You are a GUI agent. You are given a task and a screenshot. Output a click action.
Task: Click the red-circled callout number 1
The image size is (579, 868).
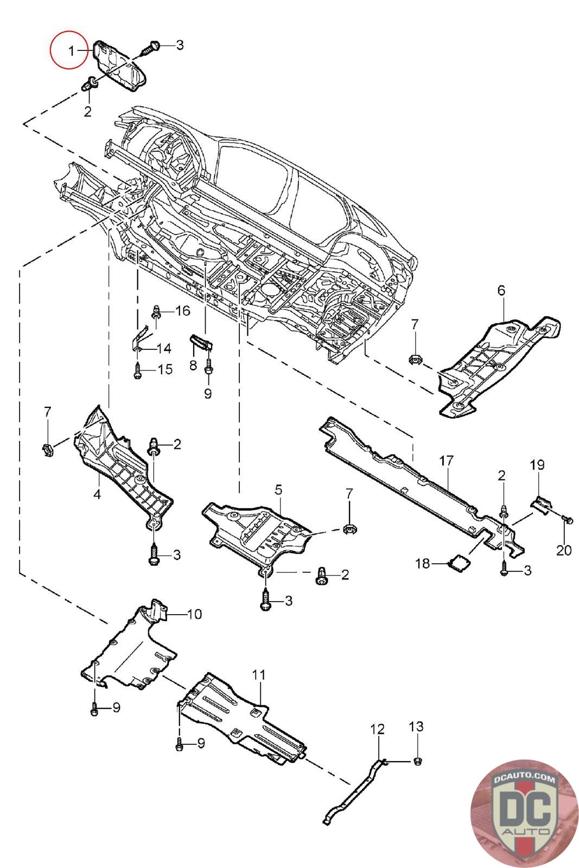(71, 52)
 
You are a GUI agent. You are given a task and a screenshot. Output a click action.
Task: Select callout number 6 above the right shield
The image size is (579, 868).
(501, 290)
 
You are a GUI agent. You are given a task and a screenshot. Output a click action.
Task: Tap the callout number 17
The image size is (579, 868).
(446, 461)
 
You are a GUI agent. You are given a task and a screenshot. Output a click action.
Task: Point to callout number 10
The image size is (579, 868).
(194, 614)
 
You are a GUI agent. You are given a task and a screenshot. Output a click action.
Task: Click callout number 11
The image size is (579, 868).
(259, 675)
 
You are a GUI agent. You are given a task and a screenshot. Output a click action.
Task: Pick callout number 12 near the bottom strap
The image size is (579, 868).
(378, 729)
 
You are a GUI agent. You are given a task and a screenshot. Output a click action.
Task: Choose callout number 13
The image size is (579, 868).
(417, 726)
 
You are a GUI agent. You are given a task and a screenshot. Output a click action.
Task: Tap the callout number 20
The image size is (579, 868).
(564, 550)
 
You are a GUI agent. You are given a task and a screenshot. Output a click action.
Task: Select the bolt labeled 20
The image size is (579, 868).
(568, 520)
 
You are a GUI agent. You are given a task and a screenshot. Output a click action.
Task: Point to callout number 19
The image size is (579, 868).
(537, 465)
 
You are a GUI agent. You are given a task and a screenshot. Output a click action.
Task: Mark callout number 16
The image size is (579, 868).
(182, 311)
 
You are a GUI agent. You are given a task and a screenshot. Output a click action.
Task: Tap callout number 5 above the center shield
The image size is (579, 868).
(278, 490)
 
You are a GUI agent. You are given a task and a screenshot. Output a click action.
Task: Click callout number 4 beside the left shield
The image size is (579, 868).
(97, 494)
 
